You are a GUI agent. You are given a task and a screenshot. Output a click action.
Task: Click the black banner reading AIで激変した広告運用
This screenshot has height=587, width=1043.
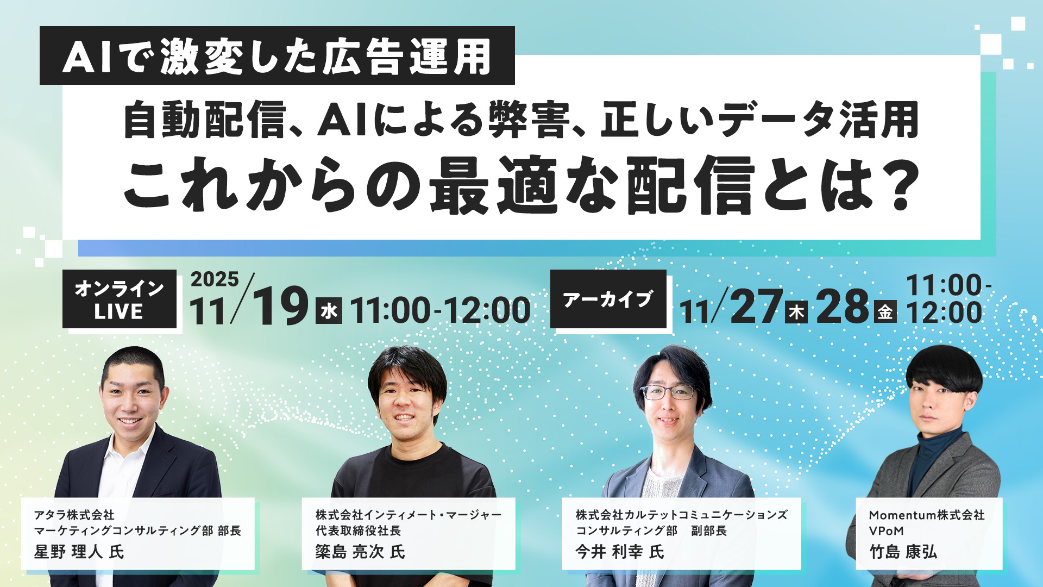click(277, 56)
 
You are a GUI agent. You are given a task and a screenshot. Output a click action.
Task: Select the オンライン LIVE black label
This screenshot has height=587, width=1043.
click(120, 299)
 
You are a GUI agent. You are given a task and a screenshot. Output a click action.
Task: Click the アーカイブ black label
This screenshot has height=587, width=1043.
click(608, 299)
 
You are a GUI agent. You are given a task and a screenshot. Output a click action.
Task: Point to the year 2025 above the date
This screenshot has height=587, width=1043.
click(215, 279)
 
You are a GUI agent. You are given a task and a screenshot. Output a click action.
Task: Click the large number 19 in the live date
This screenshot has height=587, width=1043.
click(280, 307)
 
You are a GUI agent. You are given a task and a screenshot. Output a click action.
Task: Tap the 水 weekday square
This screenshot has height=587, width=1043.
click(329, 311)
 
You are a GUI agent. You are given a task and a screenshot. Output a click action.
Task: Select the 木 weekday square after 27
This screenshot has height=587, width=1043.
click(796, 312)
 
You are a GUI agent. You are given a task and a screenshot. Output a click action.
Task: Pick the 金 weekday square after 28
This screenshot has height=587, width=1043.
click(885, 312)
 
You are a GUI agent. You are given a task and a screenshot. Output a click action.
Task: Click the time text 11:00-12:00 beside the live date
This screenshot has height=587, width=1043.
click(440, 311)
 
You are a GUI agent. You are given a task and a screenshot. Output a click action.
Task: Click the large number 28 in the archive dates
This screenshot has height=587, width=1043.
click(843, 307)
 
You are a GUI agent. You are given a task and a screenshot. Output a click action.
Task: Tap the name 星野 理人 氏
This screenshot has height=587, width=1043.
click(79, 552)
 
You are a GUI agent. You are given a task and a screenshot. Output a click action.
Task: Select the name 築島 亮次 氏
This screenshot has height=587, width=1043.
click(360, 552)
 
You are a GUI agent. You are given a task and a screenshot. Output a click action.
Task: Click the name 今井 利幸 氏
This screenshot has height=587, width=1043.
click(620, 552)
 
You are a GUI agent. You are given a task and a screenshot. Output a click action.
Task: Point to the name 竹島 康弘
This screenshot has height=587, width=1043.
click(903, 552)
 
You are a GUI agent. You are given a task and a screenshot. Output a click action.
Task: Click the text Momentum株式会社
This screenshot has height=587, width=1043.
click(926, 515)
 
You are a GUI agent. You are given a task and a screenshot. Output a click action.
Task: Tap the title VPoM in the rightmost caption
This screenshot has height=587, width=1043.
click(886, 531)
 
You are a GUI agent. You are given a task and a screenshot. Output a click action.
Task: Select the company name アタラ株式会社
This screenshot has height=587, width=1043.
click(74, 515)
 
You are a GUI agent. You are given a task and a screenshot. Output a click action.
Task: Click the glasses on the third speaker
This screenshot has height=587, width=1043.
click(668, 392)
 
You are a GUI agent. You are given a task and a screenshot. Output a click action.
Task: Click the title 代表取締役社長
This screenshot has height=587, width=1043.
click(358, 531)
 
